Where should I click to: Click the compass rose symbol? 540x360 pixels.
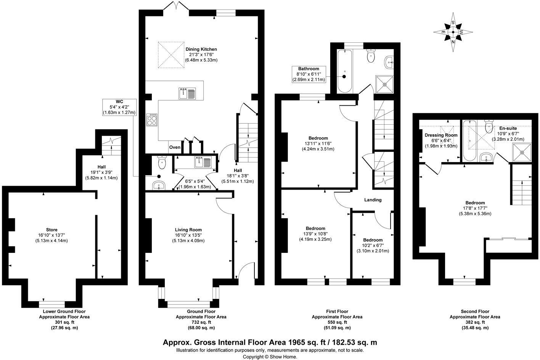click(x=453, y=32)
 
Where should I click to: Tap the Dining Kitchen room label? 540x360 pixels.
click(x=201, y=49)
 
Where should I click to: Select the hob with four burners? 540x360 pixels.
click(x=152, y=120)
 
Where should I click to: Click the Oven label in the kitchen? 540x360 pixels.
click(x=175, y=147)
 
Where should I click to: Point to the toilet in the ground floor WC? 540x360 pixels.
click(x=162, y=163)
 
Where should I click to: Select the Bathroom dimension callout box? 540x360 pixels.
click(x=309, y=74)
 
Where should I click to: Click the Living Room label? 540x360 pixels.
click(x=188, y=230)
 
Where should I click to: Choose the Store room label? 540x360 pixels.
click(x=51, y=230)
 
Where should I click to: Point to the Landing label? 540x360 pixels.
click(x=373, y=200)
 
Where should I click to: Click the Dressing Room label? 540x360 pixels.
click(x=441, y=135)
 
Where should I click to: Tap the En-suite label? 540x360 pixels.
click(x=508, y=129)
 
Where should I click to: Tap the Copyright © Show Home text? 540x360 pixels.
click(x=270, y=357)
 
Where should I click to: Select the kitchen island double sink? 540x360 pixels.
click(x=187, y=93)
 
